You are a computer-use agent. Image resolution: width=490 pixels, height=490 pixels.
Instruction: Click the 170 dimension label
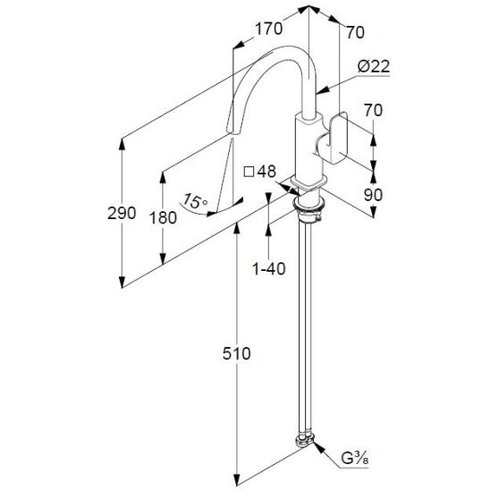(269, 29)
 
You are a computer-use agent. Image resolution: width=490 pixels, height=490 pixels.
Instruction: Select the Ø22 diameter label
(374, 66)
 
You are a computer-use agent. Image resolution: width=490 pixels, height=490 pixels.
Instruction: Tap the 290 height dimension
(122, 213)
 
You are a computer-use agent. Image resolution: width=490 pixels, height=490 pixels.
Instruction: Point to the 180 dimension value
(163, 217)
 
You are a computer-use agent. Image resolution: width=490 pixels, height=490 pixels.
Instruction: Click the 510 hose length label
(237, 354)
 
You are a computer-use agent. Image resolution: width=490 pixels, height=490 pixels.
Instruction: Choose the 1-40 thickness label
(269, 269)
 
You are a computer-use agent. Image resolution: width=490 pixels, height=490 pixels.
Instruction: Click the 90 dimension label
(373, 195)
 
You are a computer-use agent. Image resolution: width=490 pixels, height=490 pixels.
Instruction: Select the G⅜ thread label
(355, 459)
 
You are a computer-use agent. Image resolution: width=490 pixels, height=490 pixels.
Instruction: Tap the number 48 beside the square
(266, 172)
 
